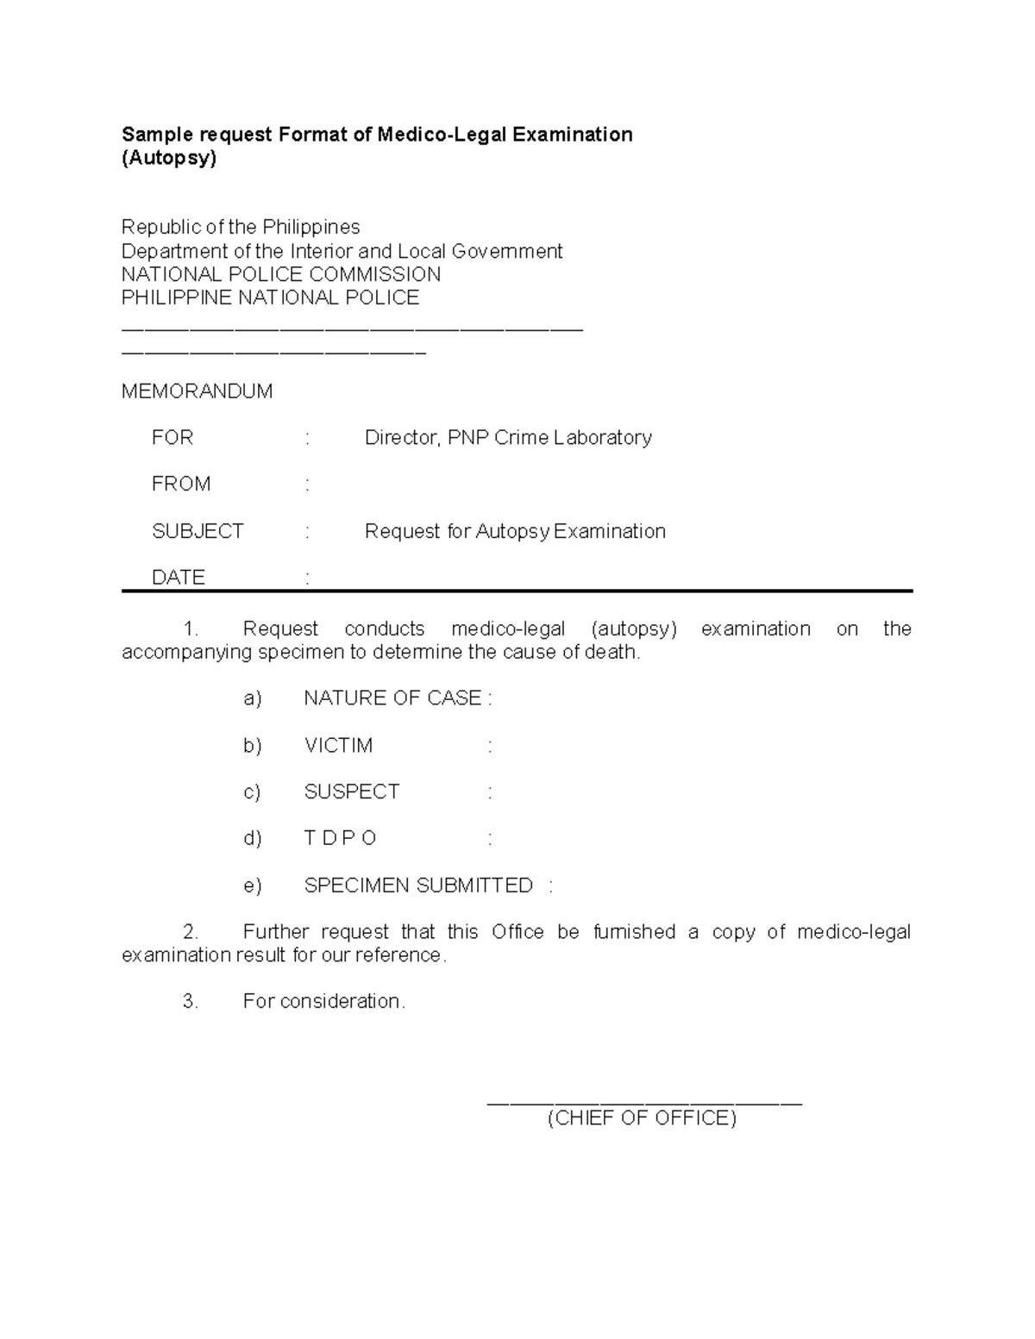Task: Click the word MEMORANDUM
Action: click(x=197, y=391)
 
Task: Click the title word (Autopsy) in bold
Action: click(x=169, y=159)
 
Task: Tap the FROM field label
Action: click(x=181, y=484)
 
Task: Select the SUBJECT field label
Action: click(x=198, y=531)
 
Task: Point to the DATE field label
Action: click(x=179, y=577)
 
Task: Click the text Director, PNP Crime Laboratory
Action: click(x=508, y=438)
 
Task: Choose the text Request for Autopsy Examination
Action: click(x=515, y=531)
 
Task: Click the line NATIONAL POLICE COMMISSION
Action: click(x=281, y=275)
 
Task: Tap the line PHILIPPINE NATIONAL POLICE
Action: click(x=270, y=298)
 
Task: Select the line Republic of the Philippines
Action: click(x=241, y=228)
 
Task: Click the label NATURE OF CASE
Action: click(x=392, y=698)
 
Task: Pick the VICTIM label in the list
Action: click(x=338, y=746)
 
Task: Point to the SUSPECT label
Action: click(x=352, y=792)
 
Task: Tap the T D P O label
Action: click(x=341, y=839)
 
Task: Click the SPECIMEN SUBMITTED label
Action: click(x=418, y=886)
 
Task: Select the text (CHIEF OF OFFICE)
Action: click(x=642, y=1118)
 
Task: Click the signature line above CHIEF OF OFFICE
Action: click(x=644, y=1102)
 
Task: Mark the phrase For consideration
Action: click(x=323, y=1002)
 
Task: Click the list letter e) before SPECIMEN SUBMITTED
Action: click(x=252, y=886)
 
